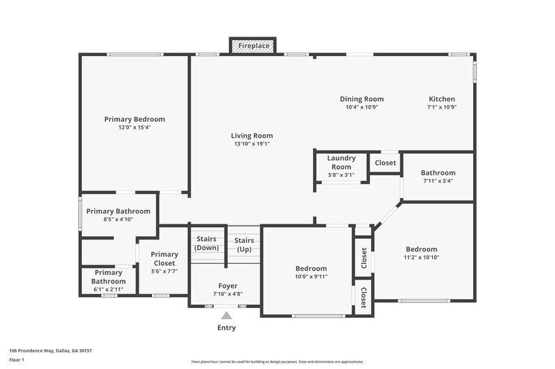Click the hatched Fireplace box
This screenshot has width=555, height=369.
253,46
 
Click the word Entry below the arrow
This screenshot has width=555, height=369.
226,328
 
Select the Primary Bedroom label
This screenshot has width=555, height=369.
135,119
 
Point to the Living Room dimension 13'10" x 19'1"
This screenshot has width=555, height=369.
252,144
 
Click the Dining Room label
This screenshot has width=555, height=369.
361,99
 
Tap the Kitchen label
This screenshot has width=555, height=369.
441,99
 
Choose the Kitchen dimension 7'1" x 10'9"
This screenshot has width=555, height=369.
441,107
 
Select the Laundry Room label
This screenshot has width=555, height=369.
341,162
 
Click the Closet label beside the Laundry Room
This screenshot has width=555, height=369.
385,163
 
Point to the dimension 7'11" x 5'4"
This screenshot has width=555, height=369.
438,181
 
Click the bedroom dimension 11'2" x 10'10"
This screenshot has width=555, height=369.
421,258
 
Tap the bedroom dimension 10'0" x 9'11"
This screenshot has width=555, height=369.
311,277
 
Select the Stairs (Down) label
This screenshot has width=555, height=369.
206,243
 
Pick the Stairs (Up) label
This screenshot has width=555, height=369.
244,244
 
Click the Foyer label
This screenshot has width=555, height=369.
228,285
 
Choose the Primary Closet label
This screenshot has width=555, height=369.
164,258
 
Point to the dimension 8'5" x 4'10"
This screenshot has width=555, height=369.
118,219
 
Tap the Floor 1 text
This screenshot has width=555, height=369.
17,361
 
